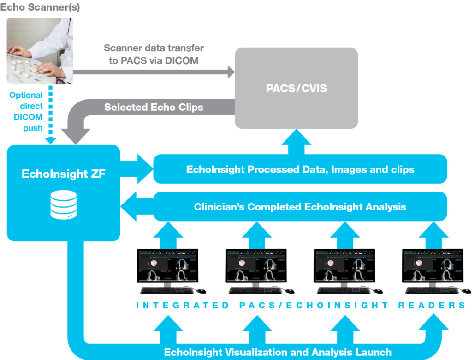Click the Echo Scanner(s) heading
coord(40,8)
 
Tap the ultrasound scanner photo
coord(40,51)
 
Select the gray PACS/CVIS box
coord(296,88)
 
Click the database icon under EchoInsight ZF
coord(64,206)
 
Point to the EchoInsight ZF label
coord(64,174)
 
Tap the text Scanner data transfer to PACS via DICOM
coord(154,54)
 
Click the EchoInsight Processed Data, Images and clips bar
coord(300,169)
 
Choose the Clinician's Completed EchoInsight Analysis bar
coord(300,206)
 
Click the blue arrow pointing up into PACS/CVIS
coord(296,141)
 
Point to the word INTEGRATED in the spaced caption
coord(183,305)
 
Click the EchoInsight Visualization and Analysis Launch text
coord(278,352)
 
